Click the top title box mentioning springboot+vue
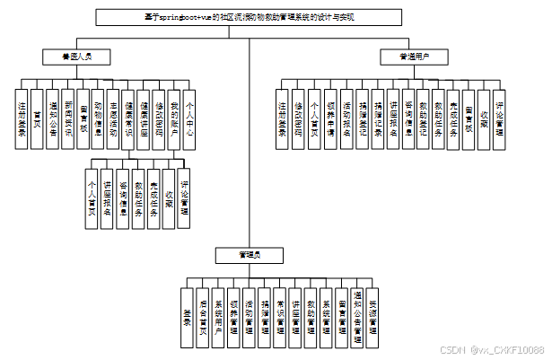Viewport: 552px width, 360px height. pos(249,16)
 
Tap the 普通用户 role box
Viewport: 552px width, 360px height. pos(415,57)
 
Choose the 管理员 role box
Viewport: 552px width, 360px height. pos(249,256)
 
